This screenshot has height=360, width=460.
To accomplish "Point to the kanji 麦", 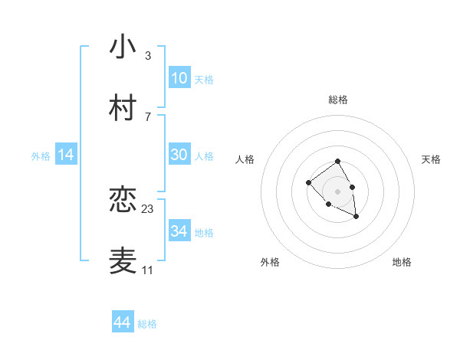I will [x=123, y=260].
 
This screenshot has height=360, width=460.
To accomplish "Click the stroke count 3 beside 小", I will [x=147, y=55].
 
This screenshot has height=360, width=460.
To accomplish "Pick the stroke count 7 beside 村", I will [x=147, y=116].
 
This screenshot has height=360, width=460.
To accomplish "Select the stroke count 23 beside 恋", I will [x=148, y=208].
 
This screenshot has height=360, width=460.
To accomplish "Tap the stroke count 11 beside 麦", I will [x=148, y=270].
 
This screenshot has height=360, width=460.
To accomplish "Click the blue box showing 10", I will [x=179, y=78].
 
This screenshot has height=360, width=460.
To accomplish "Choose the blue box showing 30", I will [x=179, y=155].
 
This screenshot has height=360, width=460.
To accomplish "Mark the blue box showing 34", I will [x=179, y=231].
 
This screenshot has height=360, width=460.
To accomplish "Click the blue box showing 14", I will [x=66, y=155].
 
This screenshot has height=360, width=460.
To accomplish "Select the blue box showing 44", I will [x=122, y=322].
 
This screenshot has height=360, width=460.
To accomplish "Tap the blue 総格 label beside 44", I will [x=147, y=324].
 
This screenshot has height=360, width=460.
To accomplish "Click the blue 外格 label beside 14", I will [x=41, y=156].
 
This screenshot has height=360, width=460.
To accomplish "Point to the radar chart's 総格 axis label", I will [x=337, y=100].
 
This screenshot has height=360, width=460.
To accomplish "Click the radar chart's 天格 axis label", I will [x=432, y=159].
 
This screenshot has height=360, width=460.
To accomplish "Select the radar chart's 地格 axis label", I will [x=402, y=262].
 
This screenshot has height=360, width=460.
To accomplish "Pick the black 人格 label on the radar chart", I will [x=245, y=159].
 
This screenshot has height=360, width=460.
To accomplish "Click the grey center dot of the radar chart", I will [x=337, y=191].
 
